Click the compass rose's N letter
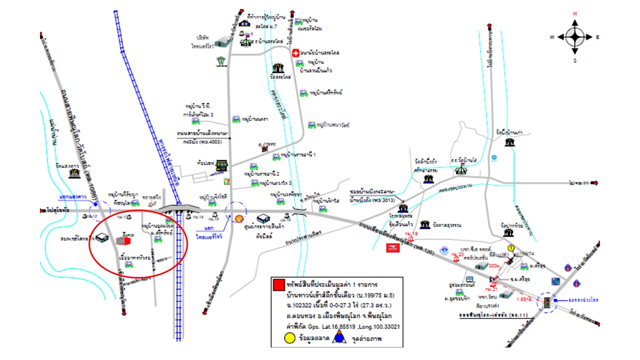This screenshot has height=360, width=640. click(x=575, y=14)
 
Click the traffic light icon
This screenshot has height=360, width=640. click(x=548, y=302)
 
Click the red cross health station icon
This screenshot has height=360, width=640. click(x=295, y=52)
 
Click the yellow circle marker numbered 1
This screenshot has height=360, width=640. click(x=511, y=247)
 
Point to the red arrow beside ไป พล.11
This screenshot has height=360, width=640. click(x=595, y=183)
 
